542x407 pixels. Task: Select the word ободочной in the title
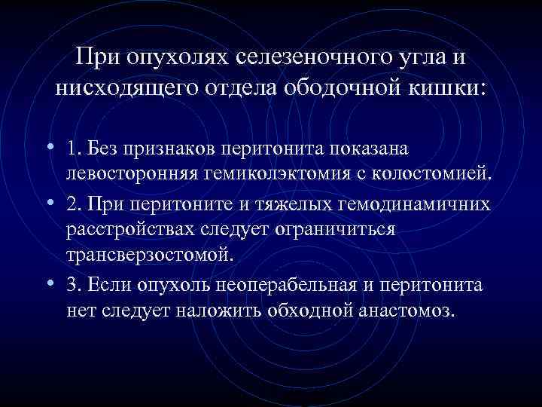click(341, 88)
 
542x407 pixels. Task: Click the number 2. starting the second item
click(73, 204)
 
